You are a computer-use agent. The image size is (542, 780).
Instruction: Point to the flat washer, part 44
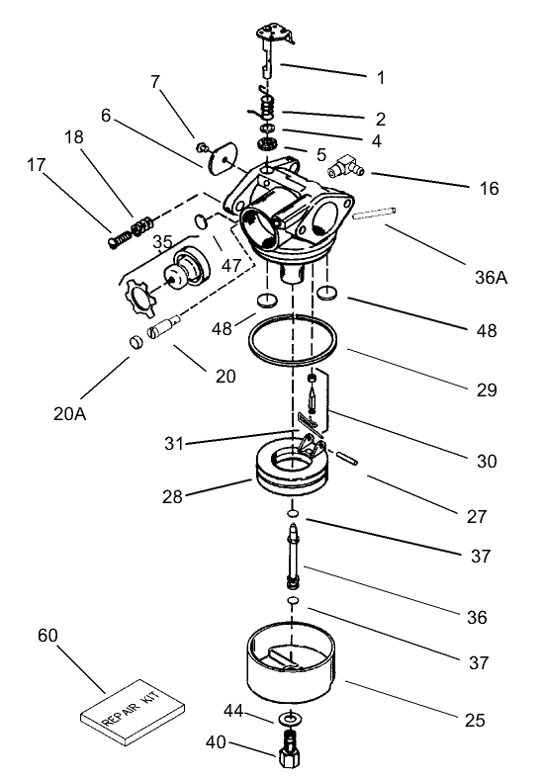click(x=290, y=717)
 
